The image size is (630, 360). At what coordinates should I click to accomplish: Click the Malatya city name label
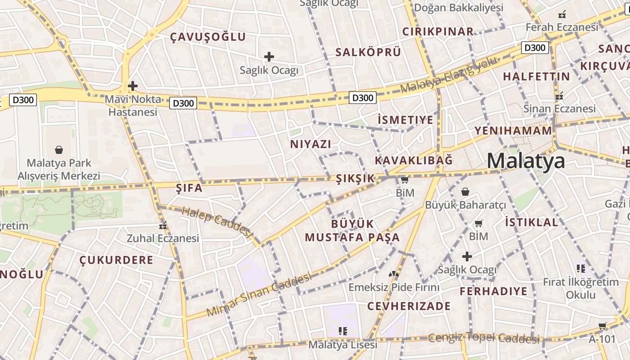click(526, 161)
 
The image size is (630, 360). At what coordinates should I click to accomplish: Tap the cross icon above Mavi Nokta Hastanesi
click(132, 85)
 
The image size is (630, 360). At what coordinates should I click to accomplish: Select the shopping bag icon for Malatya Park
click(59, 149)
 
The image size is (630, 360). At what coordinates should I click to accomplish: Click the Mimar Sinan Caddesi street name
click(259, 295)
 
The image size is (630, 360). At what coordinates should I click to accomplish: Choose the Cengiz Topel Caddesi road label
click(484, 337)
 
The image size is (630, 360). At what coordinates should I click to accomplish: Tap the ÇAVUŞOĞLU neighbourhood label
click(208, 37)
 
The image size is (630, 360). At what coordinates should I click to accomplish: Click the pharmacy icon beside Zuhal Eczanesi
click(163, 225)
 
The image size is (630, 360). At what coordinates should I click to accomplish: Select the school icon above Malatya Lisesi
click(343, 331)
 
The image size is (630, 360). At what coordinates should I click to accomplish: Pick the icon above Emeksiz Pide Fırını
click(394, 274)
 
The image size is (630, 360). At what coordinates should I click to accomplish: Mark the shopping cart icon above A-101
click(602, 326)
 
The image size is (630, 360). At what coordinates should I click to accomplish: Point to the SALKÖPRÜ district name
click(368, 52)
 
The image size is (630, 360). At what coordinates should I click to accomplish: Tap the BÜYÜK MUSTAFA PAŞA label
click(352, 230)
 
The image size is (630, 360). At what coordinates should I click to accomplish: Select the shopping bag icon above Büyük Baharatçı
click(465, 192)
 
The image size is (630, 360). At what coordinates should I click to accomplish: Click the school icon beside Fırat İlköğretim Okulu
click(581, 269)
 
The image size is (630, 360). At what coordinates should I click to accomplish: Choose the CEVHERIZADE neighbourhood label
click(409, 306)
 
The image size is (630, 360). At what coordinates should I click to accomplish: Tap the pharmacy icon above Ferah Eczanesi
click(562, 14)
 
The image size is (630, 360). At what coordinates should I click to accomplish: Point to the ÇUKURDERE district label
click(117, 260)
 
